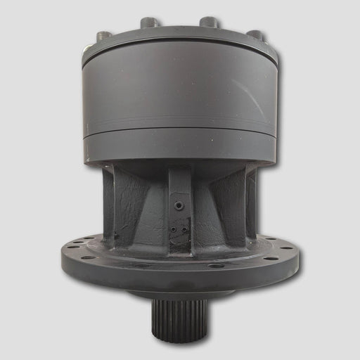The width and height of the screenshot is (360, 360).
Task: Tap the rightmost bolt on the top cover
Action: [255, 34]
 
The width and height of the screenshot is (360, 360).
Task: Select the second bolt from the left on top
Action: [150, 22]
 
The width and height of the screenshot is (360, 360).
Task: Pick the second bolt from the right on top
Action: [209, 22]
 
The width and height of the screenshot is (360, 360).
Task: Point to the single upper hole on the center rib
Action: [179, 205]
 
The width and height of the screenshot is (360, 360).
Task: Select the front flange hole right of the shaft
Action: [217, 265]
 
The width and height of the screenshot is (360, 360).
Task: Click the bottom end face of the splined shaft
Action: [180, 338]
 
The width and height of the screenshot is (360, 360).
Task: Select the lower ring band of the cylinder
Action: [180, 146]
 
